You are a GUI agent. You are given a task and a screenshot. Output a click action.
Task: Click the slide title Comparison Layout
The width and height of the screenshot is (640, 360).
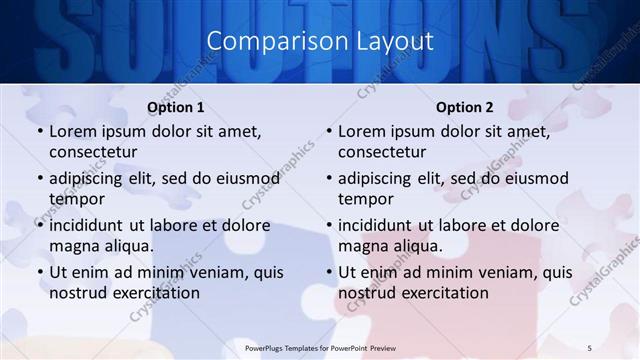click(320, 41)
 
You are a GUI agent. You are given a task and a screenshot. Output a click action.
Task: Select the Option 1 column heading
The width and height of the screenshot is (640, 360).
click(176, 107)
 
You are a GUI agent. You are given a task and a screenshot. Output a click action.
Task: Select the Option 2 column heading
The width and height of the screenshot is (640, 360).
click(465, 107)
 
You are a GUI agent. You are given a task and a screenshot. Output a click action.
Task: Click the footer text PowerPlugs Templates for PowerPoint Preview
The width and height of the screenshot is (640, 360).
click(320, 347)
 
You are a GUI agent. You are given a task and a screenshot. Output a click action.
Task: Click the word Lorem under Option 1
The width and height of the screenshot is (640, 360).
click(72, 131)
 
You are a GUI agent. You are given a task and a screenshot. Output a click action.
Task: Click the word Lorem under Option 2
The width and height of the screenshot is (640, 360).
click(361, 131)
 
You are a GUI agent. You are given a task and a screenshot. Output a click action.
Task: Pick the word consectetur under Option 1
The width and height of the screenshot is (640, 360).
click(93, 152)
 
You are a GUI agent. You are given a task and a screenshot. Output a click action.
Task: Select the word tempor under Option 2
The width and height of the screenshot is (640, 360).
click(363, 199)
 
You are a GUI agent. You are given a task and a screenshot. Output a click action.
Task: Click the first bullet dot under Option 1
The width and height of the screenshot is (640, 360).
click(40, 132)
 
